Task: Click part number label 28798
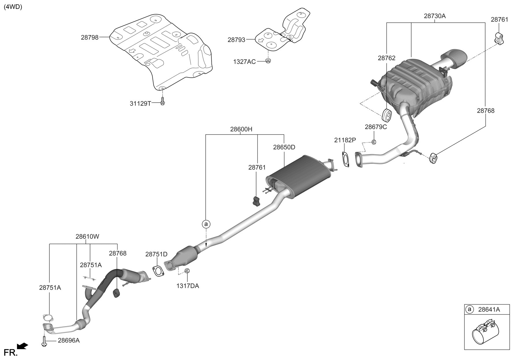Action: [x=90, y=37]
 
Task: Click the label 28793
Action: [x=236, y=40]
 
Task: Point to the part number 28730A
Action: [x=435, y=16]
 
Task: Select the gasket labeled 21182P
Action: [x=345, y=159]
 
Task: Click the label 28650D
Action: [x=284, y=147]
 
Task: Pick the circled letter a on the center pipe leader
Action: [x=206, y=224]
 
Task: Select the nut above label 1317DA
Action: [x=187, y=271]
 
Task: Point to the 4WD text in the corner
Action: [x=13, y=7]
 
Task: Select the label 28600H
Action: [x=241, y=129]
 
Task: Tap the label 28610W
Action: [x=87, y=236]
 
